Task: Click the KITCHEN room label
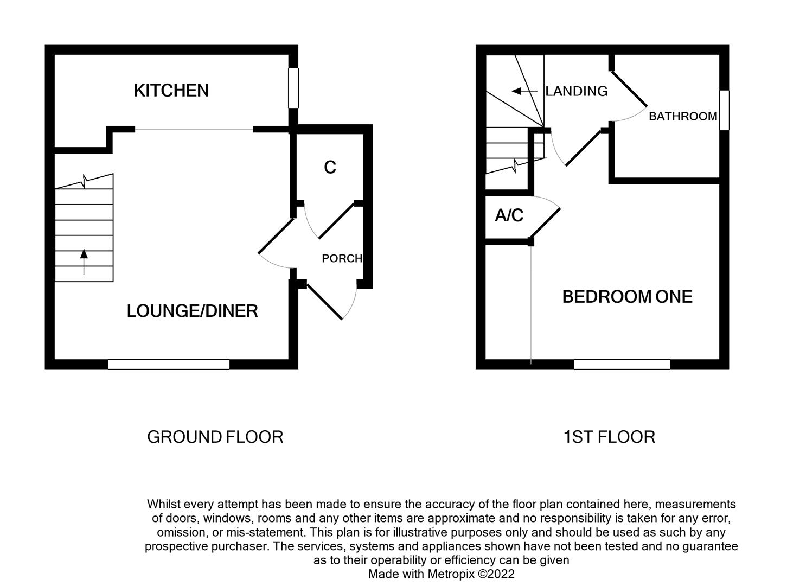coord(171,90)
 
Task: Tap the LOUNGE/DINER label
coord(192,311)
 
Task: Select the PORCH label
coord(342,258)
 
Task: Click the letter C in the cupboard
coord(330,168)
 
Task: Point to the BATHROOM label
coord(683,116)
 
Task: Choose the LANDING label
coord(576,91)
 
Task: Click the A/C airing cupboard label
coord(509,216)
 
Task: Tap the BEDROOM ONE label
coord(627,297)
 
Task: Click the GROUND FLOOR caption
coord(215,437)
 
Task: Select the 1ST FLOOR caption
coord(609,437)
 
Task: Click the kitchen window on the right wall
coord(293,88)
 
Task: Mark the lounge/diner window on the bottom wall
coord(169,364)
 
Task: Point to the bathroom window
coord(724,110)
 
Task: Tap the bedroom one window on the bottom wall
coord(622,364)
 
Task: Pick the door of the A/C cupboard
coord(546,223)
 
